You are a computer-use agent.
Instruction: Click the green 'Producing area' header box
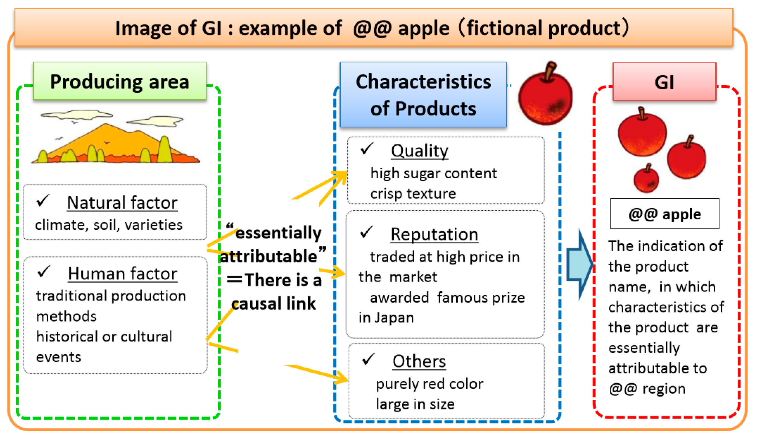[120, 81]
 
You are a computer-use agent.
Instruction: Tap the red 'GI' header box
[664, 82]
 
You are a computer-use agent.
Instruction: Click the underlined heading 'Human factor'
[122, 274]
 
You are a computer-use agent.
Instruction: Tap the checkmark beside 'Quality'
[367, 149]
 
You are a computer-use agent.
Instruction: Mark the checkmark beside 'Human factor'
[44, 272]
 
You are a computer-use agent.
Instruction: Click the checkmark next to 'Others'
[368, 359]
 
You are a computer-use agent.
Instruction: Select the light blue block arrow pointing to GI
[579, 264]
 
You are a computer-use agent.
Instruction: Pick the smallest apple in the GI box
[646, 179]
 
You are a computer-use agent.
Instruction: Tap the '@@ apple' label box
[665, 214]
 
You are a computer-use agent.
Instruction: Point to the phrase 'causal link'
[274, 303]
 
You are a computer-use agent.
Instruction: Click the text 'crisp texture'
[413, 193]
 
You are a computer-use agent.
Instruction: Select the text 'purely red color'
[430, 384]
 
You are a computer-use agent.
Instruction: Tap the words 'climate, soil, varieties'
[108, 225]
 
